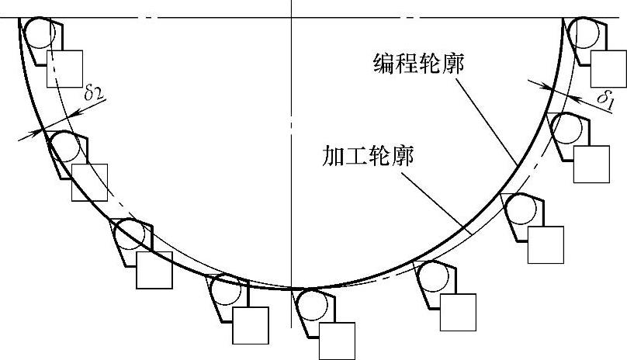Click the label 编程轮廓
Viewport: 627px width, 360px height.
[x=417, y=63]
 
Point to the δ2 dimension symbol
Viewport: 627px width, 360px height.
[x=94, y=93]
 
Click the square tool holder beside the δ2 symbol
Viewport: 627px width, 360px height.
[x=64, y=67]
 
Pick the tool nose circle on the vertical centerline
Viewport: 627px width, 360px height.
[x=311, y=303]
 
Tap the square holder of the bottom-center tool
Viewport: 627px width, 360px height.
[x=337, y=341]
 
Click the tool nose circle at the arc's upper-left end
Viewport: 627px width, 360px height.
[x=37, y=33]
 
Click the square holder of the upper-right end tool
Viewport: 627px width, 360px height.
[x=608, y=68]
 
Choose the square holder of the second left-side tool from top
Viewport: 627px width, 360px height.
[x=88, y=182]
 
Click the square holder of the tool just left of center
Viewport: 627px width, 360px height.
[x=250, y=325]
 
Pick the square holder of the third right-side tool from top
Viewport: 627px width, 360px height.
[x=545, y=244]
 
